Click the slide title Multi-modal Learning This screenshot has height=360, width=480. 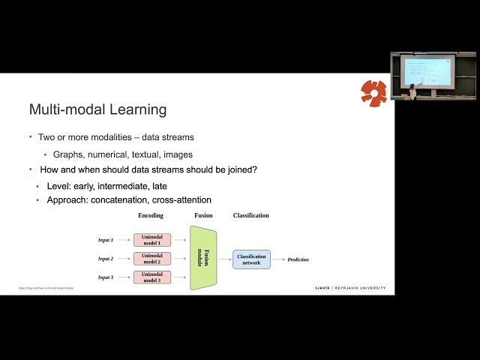pyautogui.click(x=97, y=110)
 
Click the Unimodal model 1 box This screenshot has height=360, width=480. pyautogui.click(x=151, y=240)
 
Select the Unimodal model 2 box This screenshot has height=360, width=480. pyautogui.click(x=151, y=259)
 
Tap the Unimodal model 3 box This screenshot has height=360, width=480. pyautogui.click(x=151, y=277)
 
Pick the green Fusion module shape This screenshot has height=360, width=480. pyautogui.click(x=202, y=258)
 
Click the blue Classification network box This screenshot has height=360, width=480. pyautogui.click(x=251, y=259)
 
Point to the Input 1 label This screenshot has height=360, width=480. pyautogui.click(x=106, y=240)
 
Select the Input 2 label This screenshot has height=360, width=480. pyautogui.click(x=106, y=259)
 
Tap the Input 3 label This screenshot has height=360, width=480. pyautogui.click(x=106, y=277)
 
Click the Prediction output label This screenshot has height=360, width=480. pyautogui.click(x=298, y=259)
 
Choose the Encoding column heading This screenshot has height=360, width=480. pyautogui.click(x=151, y=216)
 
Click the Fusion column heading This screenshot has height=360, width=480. pyautogui.click(x=203, y=216)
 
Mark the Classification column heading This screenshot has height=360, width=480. pyautogui.click(x=250, y=216)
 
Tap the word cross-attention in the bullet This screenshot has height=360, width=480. pyautogui.click(x=181, y=200)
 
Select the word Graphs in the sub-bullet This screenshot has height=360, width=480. pyautogui.click(x=70, y=154)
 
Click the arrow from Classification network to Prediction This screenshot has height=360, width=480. pyautogui.click(x=278, y=259)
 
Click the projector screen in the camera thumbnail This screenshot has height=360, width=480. pyautogui.click(x=426, y=70)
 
